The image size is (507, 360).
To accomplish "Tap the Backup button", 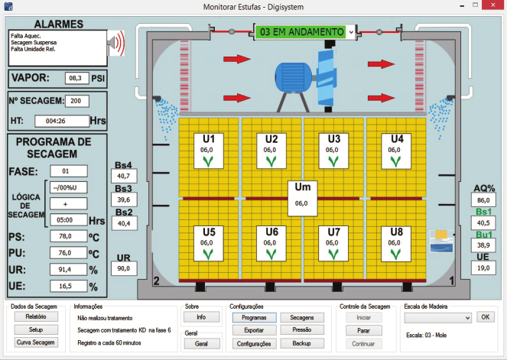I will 301,343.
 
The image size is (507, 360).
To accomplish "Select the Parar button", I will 364,330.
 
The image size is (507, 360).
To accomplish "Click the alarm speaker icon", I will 115,44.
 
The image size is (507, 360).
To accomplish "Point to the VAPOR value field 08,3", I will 74,78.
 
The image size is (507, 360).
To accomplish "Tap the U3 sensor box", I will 333,149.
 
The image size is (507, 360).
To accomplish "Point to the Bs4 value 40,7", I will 123,177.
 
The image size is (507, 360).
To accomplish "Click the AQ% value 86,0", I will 482,199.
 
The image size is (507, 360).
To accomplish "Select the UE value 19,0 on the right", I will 482,268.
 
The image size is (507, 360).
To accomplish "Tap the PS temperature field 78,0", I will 68,236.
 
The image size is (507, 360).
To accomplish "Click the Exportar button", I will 253,330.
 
